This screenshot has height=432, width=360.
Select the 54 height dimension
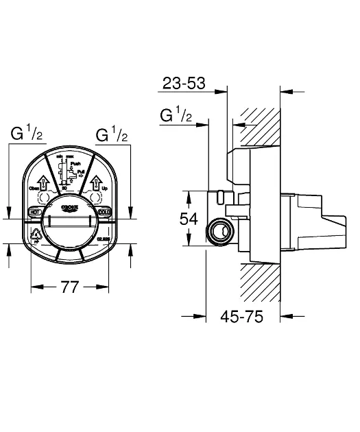pyautogui.click(x=189, y=219)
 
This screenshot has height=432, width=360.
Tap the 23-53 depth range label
pyautogui.click(x=184, y=84)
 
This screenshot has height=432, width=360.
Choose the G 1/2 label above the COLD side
pyautogui.click(x=112, y=134)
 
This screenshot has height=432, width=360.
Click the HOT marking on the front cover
pyautogui.click(x=34, y=212)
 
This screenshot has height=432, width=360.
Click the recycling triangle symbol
pyautogui.click(x=36, y=237)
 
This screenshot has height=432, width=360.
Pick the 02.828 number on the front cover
pyautogui.click(x=104, y=239)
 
